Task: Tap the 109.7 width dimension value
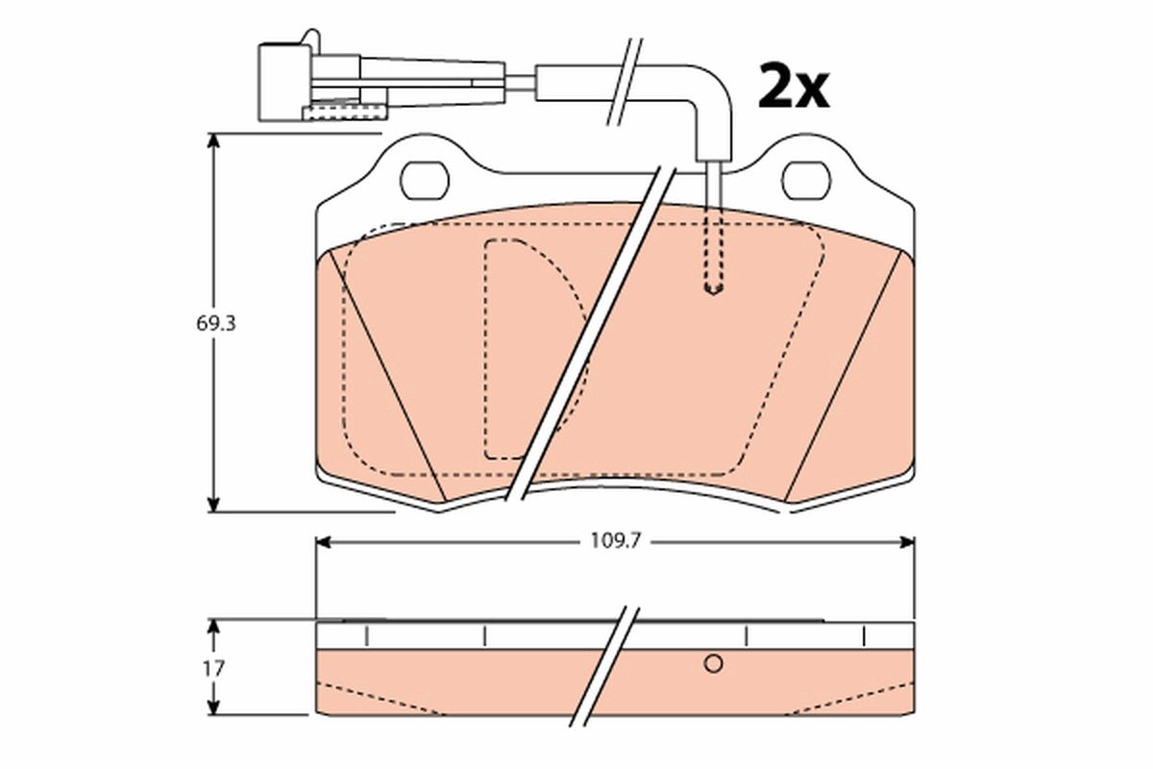coord(615,542)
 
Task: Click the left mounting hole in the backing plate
coord(424,180)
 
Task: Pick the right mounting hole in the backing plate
coord(806,180)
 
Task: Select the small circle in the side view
coord(713,663)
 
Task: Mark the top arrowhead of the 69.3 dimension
coord(213,142)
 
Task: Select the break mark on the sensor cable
coord(623,82)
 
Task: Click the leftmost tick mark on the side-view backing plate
coord(366,636)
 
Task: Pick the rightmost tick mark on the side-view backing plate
coord(865,636)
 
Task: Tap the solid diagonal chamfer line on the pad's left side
coord(384,375)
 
